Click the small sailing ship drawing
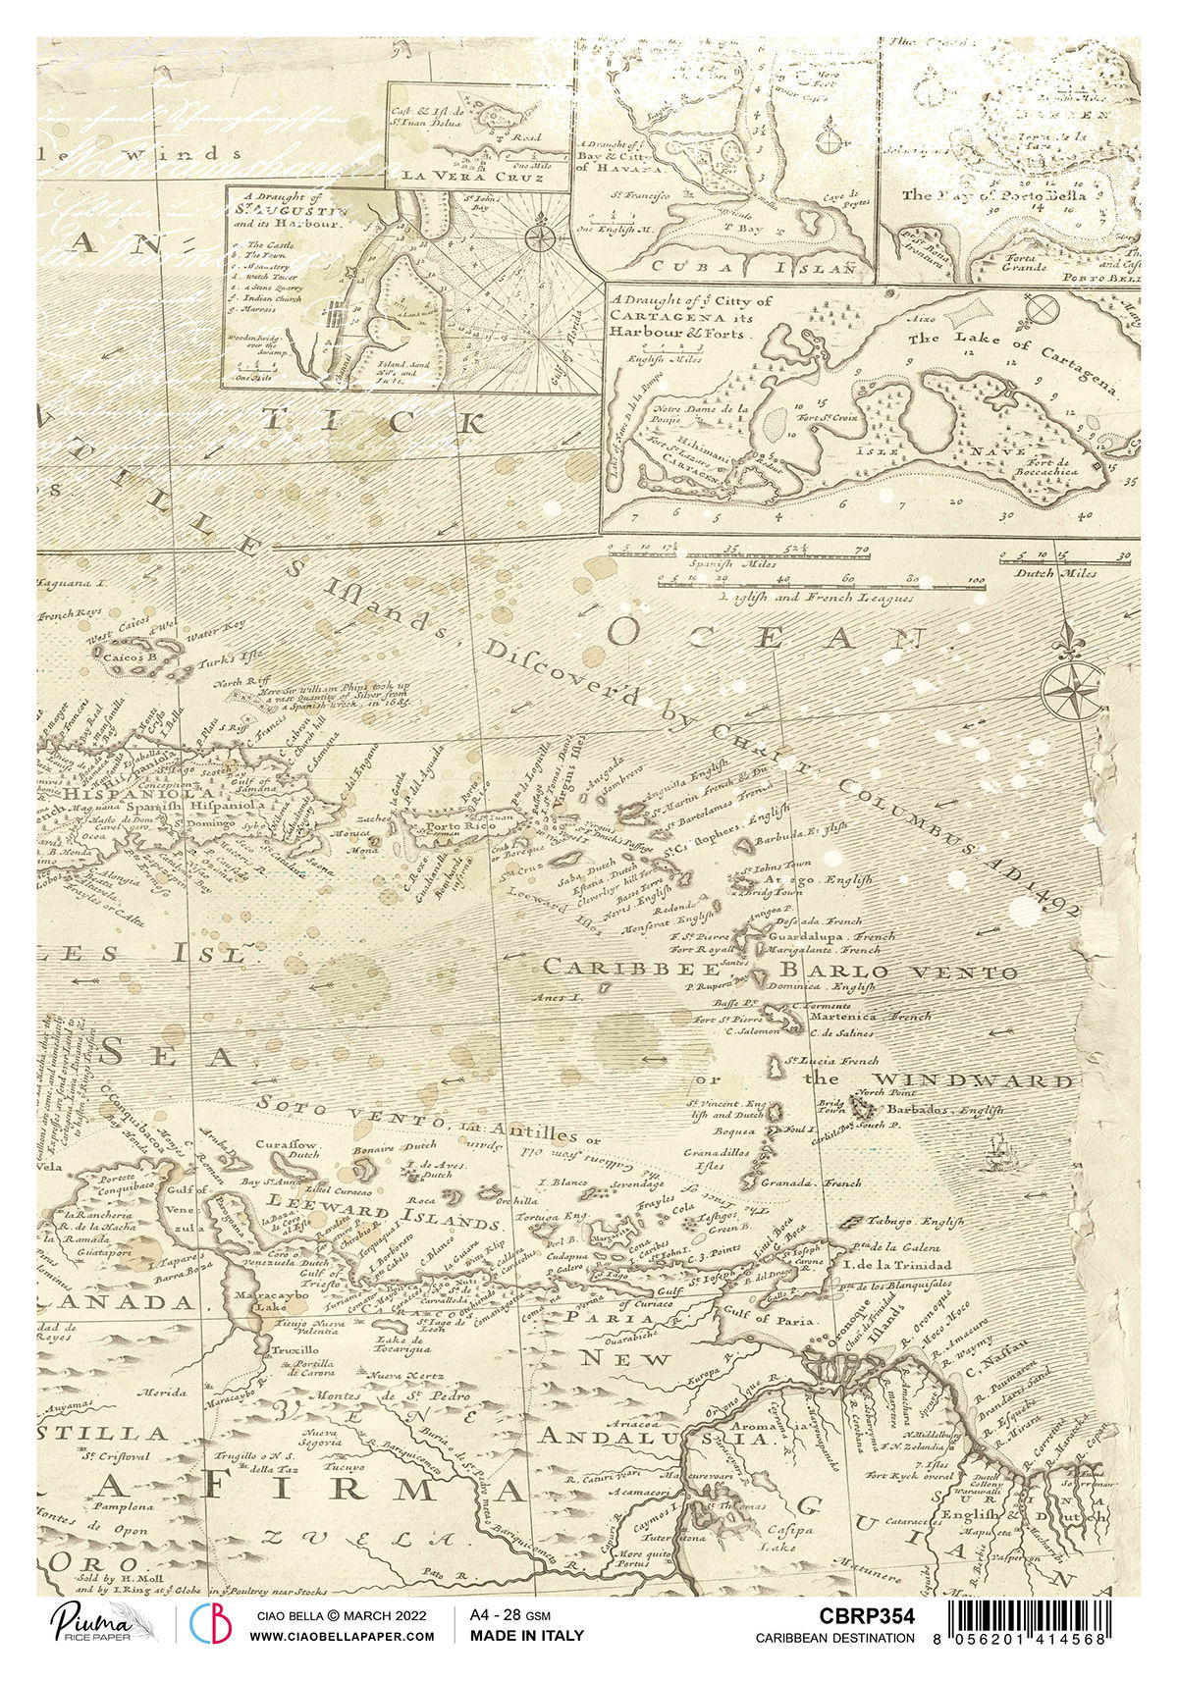click(x=994, y=1152)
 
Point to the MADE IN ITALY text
click(x=526, y=1635)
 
